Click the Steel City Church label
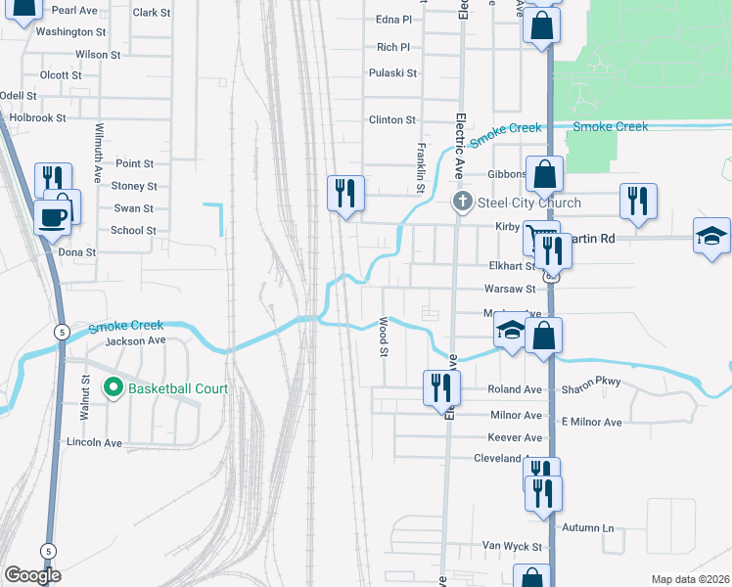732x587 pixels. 528,203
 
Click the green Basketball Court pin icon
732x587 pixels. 113,388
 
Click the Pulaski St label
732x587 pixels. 392,73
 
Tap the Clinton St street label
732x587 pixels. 392,119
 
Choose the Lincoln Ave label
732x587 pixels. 94,442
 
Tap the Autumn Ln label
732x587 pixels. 587,528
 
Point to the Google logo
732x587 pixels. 32,575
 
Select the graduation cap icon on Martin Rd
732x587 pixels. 710,235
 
